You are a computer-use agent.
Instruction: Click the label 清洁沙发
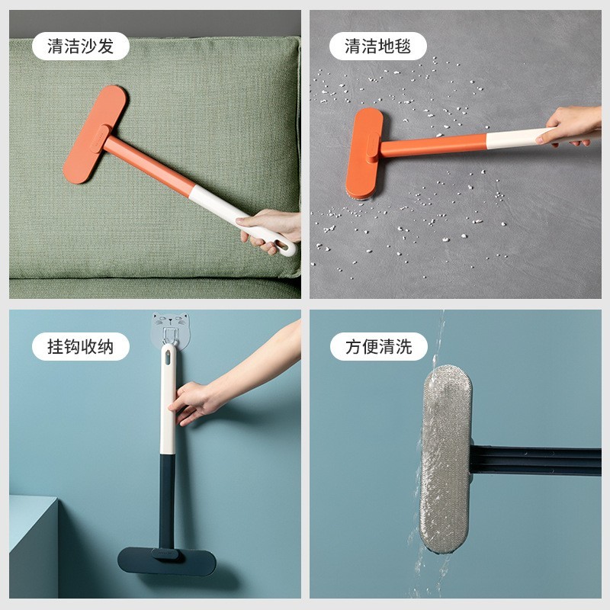[80, 47]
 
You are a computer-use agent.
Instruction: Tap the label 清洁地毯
[377, 47]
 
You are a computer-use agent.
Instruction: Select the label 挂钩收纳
[80, 347]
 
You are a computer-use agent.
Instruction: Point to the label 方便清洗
[378, 347]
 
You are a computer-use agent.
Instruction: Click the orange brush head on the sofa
[91, 133]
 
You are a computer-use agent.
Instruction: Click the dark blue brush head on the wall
[166, 560]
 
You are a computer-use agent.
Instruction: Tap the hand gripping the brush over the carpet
[568, 126]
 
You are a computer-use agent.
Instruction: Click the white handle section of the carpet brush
[515, 139]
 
